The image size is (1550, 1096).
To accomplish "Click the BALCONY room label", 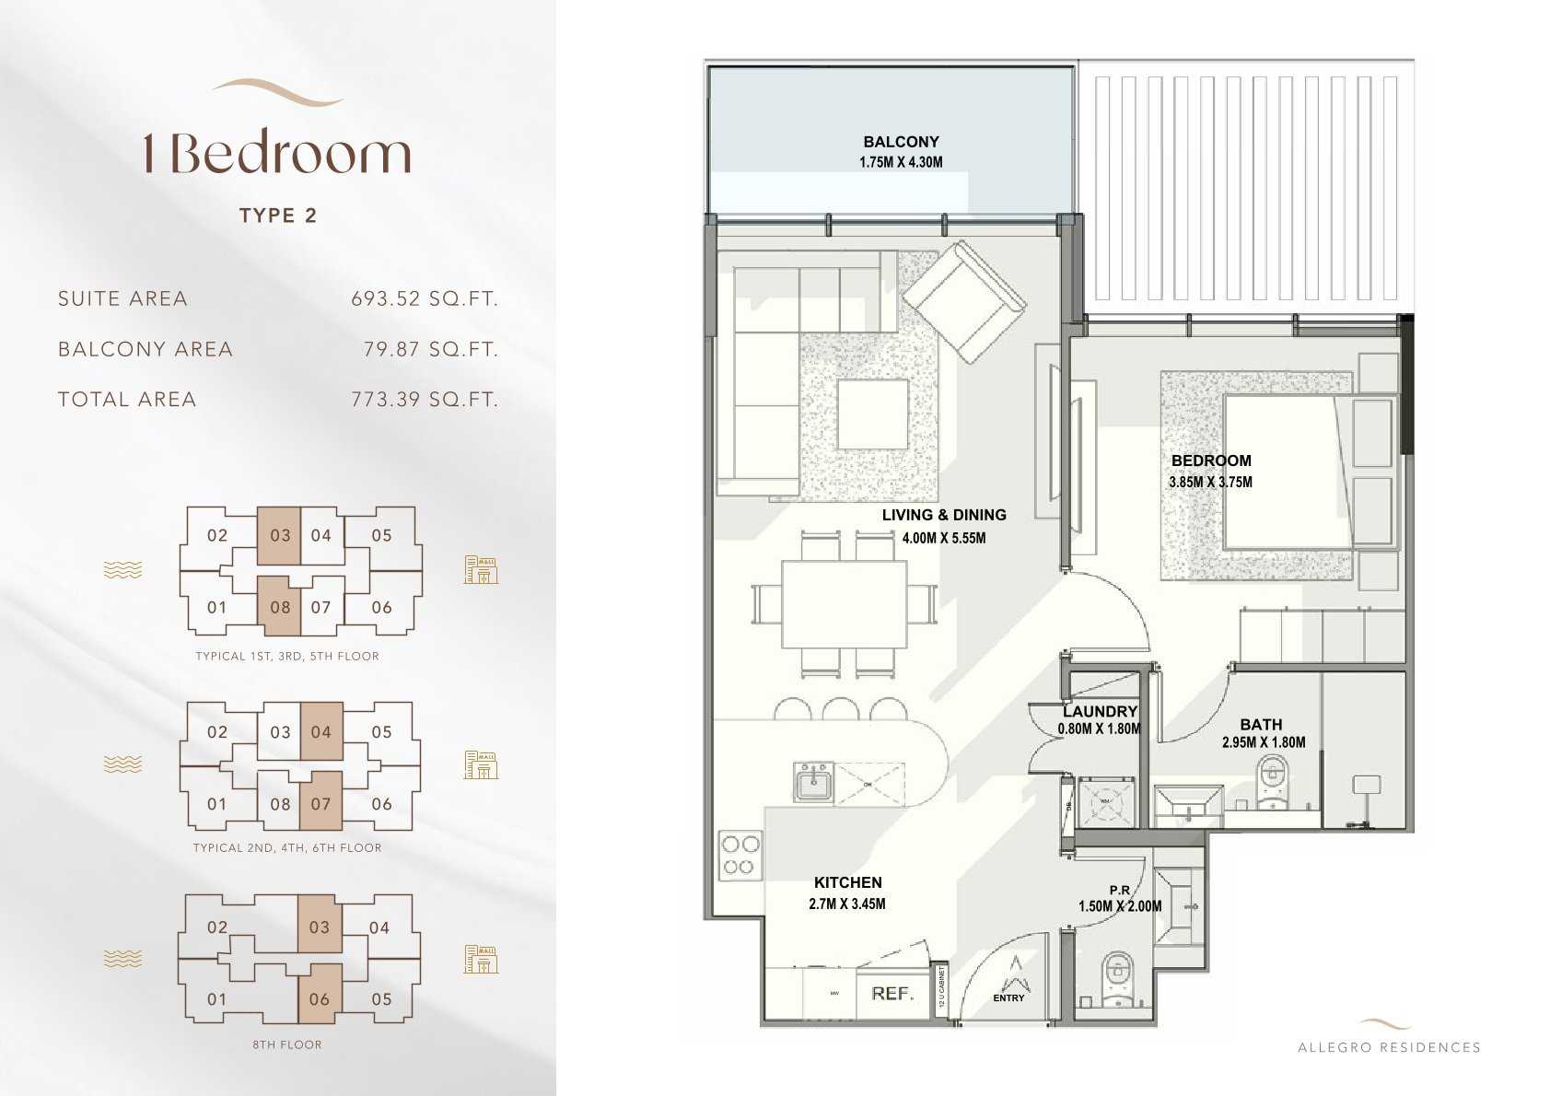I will (901, 142).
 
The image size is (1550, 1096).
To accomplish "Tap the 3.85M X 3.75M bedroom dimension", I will (1210, 482).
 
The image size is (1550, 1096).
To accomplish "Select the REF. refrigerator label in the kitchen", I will (892, 994).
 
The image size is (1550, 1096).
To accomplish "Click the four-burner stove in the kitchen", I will (740, 854).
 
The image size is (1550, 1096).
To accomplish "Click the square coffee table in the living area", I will (872, 415).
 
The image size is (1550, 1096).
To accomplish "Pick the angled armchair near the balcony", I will (963, 302).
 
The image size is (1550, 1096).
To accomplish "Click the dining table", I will (843, 603).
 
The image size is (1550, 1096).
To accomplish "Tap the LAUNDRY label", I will (1100, 712).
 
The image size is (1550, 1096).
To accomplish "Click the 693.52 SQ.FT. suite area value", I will (424, 298).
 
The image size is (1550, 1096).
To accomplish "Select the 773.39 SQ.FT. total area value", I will (424, 400).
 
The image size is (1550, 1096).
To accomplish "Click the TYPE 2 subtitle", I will (278, 216).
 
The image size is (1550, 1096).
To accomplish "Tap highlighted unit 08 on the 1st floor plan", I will (279, 606).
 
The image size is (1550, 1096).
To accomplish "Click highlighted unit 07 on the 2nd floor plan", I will (320, 803).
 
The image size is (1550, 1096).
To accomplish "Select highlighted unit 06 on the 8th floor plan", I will (320, 998).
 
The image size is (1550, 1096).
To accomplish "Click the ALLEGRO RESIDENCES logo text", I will (1389, 1047).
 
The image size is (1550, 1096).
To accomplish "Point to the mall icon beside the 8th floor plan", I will (480, 960).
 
